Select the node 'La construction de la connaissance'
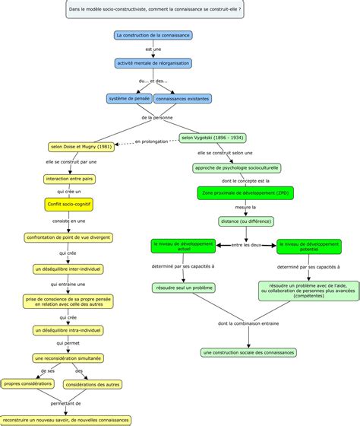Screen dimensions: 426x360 pos(154,35)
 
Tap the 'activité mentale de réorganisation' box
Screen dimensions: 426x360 pos(154,62)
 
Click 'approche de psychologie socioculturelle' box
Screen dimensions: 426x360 pos(236,167)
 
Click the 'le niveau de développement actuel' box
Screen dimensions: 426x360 pos(184,246)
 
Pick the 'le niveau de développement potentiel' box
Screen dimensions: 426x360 pos(308,246)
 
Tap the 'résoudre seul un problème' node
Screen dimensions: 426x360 pos(182,289)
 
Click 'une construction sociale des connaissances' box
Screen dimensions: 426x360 pos(249,353)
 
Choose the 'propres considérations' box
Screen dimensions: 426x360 pos(27,384)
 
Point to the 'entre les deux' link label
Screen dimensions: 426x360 pos(246,244)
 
